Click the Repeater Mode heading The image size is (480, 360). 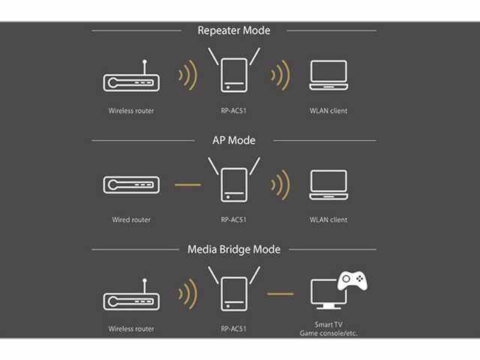(233, 31)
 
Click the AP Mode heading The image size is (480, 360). (234, 139)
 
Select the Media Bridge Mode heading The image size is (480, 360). (233, 248)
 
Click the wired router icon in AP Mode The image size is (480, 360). (130, 185)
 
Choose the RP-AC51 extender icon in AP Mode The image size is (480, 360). (233, 183)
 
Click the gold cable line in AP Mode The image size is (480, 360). (187, 184)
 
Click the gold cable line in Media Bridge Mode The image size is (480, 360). (280, 294)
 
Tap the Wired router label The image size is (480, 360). (130, 220)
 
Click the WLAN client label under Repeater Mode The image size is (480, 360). (328, 111)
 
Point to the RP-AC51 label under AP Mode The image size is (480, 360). (233, 220)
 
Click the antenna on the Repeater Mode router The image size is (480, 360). (145, 66)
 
